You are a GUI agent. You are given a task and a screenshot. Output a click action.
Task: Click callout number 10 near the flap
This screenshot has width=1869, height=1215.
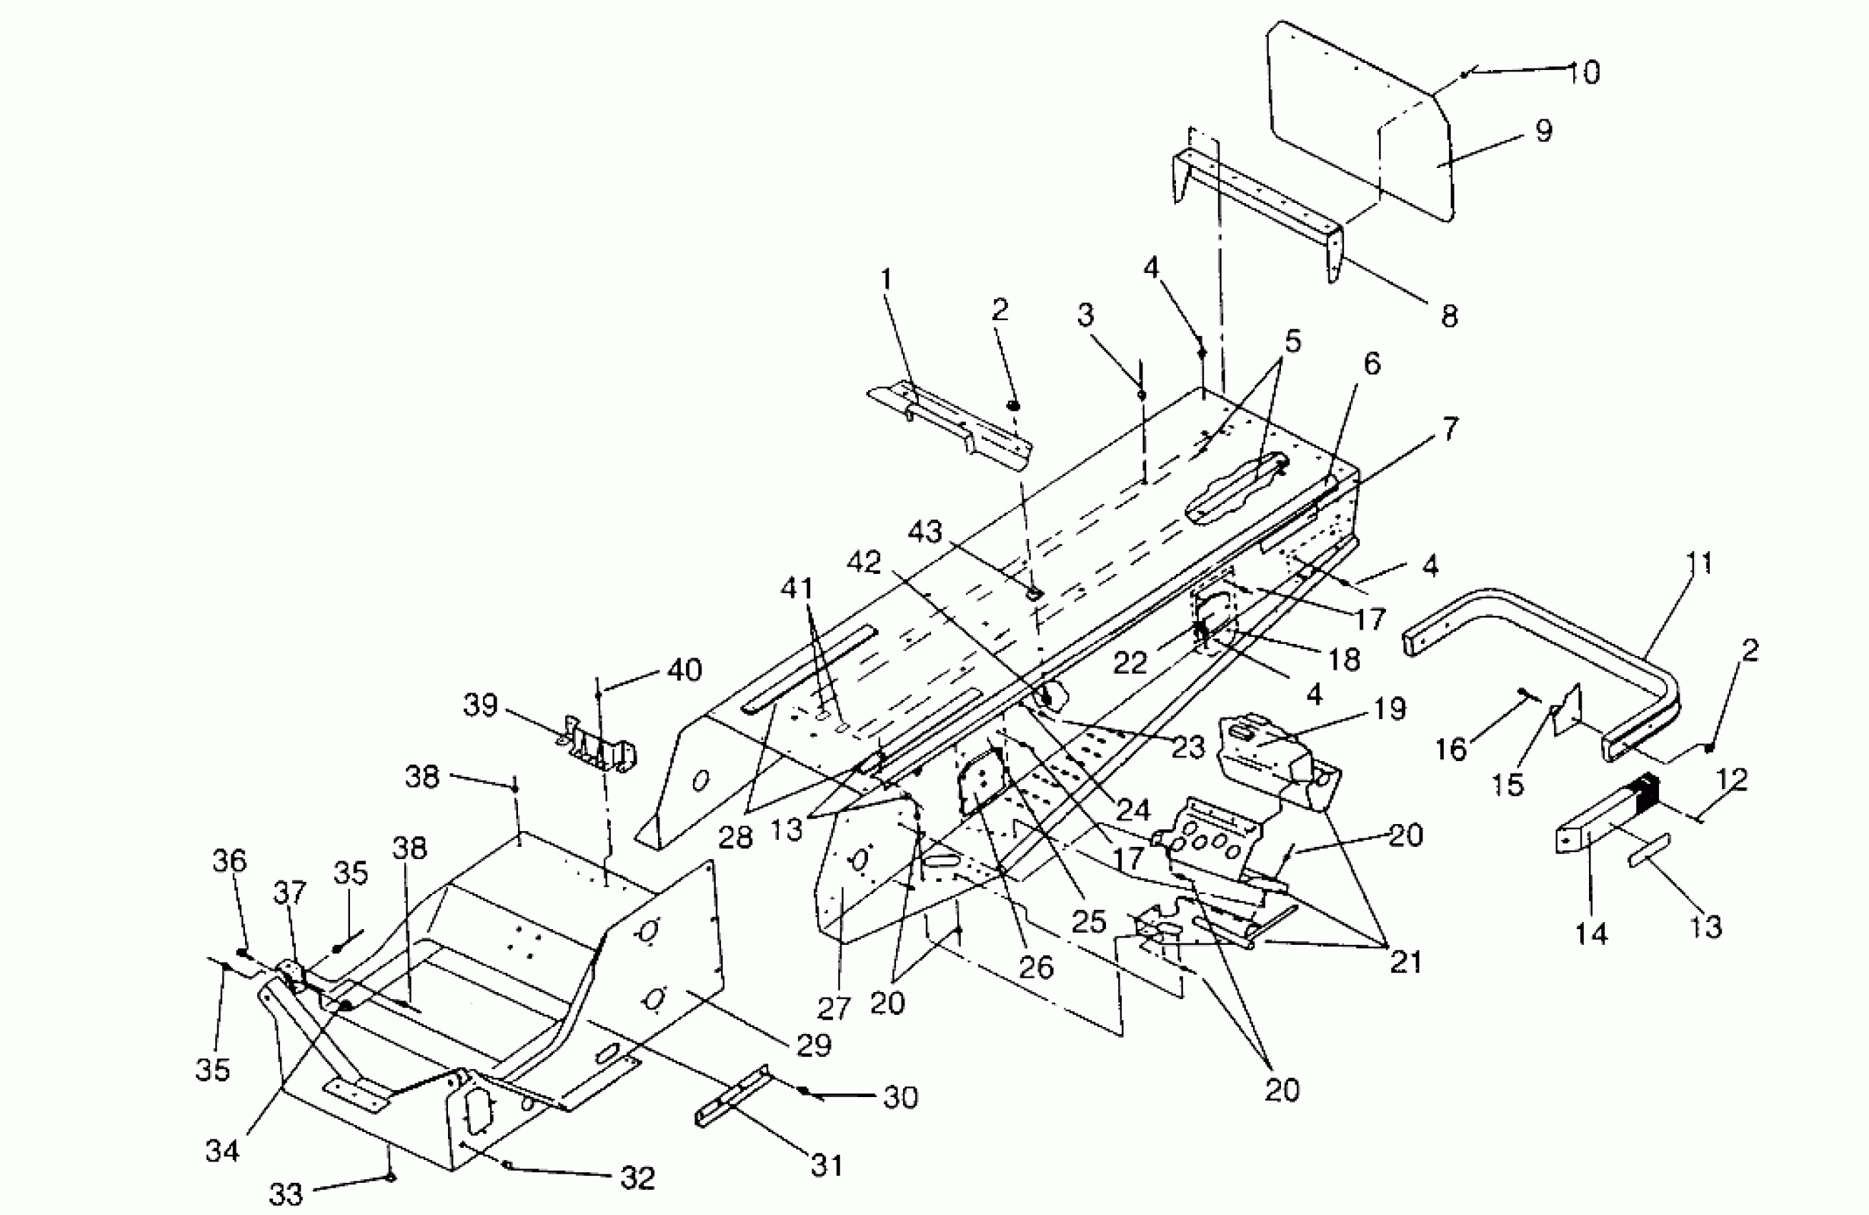point(1584,73)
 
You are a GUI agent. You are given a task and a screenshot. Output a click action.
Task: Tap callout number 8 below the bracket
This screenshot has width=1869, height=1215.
point(1449,316)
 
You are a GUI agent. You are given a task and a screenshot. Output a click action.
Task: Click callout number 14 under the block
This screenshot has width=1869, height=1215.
point(1591,935)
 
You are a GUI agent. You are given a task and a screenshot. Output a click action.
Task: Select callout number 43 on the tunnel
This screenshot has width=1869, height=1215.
point(924,532)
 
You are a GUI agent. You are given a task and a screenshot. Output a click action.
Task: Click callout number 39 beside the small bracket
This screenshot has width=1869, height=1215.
point(481,705)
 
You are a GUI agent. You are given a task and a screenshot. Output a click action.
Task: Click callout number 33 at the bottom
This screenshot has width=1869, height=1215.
point(285,1194)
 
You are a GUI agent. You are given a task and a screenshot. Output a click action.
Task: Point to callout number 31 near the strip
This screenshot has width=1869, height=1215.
point(827,1165)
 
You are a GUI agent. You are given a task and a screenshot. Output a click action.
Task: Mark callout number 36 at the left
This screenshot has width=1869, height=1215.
point(229,861)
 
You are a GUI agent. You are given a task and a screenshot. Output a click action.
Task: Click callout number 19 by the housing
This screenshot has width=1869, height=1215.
point(1391,709)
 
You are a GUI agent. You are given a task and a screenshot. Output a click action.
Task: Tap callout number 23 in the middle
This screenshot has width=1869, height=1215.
point(1188,747)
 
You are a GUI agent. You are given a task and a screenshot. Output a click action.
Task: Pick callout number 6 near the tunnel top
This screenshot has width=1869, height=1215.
point(1371,364)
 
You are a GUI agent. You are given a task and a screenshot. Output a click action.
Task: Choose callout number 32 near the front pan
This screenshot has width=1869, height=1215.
point(637,1178)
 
